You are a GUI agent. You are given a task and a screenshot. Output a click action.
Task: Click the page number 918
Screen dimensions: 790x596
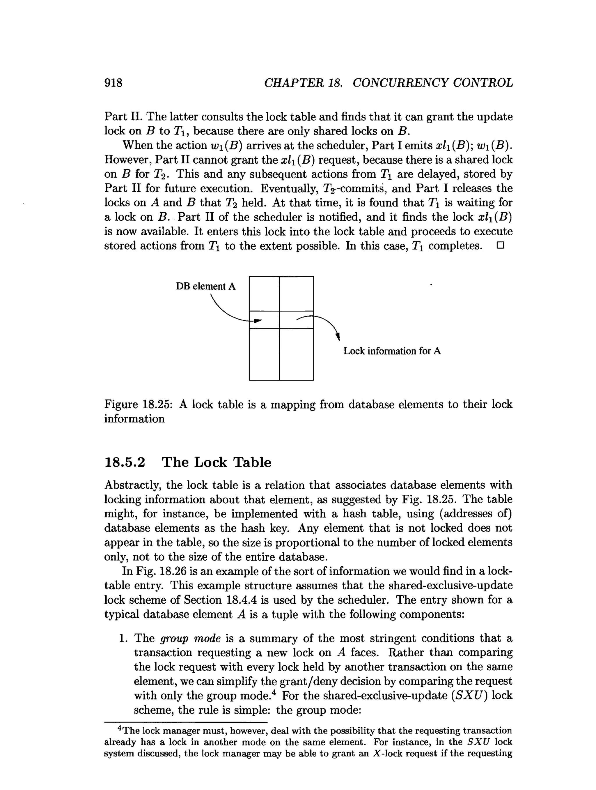[113, 83]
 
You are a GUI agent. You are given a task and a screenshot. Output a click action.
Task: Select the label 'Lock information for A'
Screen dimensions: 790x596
[392, 351]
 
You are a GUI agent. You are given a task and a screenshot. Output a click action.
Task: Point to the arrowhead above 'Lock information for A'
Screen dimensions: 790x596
[338, 336]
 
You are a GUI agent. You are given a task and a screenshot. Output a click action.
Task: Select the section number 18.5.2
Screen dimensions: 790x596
[125, 462]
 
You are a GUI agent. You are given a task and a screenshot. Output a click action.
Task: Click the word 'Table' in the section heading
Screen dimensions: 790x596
[252, 462]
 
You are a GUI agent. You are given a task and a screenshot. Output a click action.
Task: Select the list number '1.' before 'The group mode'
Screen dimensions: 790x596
[123, 638]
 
